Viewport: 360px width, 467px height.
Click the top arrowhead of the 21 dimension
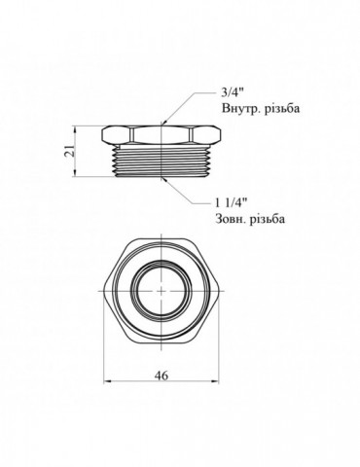point(77,126)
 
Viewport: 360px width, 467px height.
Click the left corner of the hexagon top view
point(104,289)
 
